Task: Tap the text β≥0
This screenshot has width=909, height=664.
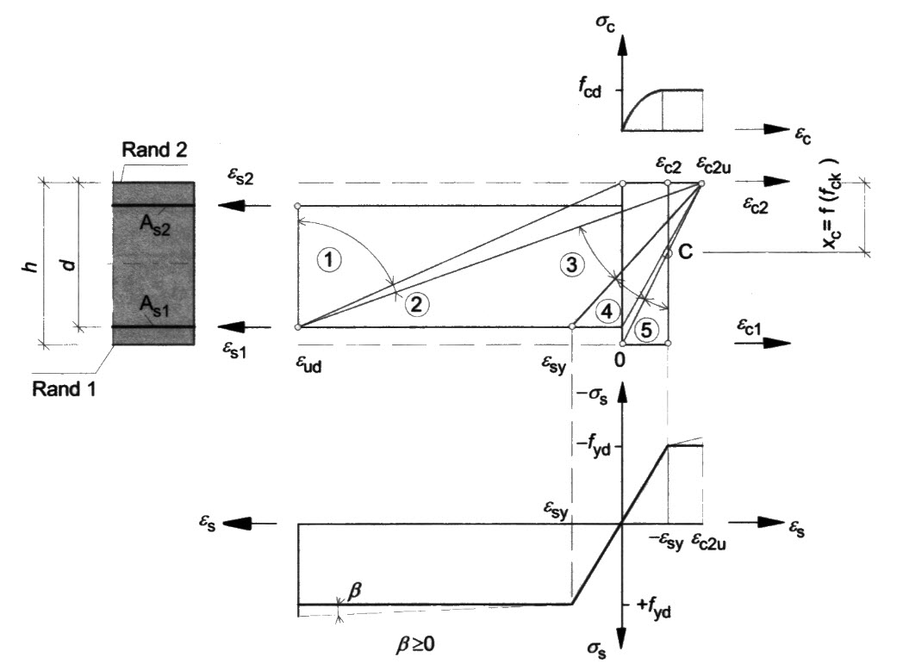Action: [412, 642]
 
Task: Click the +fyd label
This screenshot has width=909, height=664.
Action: [652, 612]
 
